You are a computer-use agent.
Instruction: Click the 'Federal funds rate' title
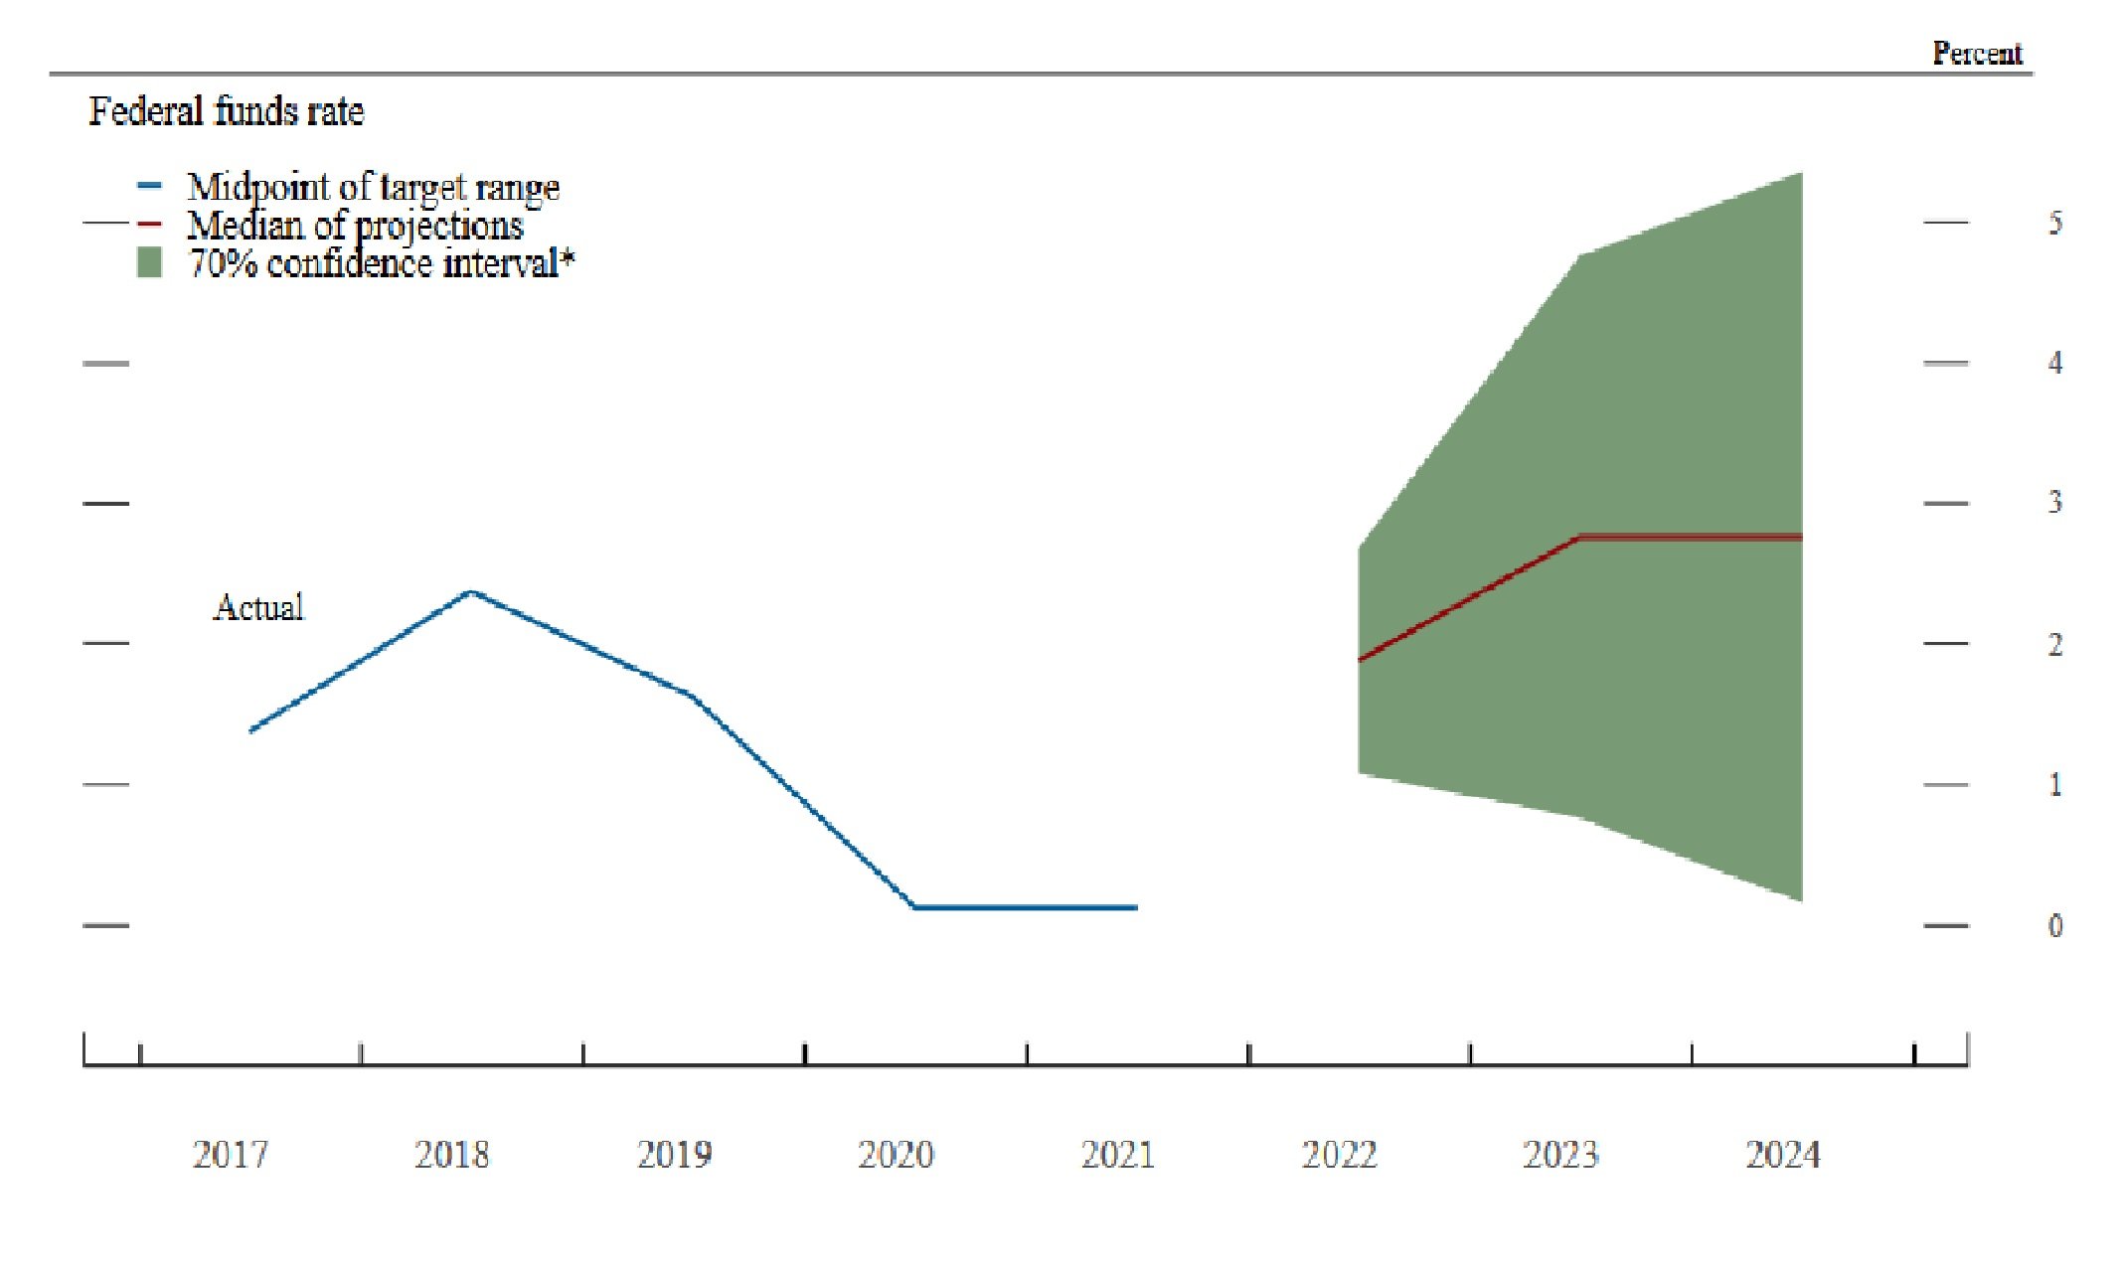pyautogui.click(x=226, y=111)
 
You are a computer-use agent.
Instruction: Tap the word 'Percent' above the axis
pyautogui.click(x=1977, y=54)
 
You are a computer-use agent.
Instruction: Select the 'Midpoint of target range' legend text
pyautogui.click(x=373, y=187)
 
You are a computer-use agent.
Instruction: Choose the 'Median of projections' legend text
pyautogui.click(x=355, y=226)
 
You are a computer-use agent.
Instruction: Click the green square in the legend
pyautogui.click(x=149, y=263)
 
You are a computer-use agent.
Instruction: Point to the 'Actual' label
pyautogui.click(x=258, y=607)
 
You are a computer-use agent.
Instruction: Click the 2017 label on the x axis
pyautogui.click(x=230, y=1155)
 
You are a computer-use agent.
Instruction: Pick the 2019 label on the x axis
pyautogui.click(x=674, y=1155)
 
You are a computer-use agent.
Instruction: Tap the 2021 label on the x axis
pyautogui.click(x=1117, y=1155)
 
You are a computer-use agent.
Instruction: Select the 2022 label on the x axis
pyautogui.click(x=1339, y=1155)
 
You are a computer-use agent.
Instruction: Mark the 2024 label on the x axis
pyautogui.click(x=1782, y=1155)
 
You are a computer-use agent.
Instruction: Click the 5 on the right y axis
pyautogui.click(x=2054, y=223)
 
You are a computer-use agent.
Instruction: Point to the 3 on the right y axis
pyautogui.click(x=2054, y=503)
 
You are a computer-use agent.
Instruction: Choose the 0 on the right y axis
pyautogui.click(x=2054, y=926)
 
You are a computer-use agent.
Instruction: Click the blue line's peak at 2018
pyautogui.click(x=471, y=592)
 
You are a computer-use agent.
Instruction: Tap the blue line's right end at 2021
pyautogui.click(x=1136, y=907)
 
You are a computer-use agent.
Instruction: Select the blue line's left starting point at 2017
pyautogui.click(x=250, y=730)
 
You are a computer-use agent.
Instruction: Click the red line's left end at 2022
pyautogui.click(x=1360, y=660)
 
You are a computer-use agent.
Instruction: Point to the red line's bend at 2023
pyautogui.click(x=1580, y=538)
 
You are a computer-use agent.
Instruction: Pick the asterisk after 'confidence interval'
pyautogui.click(x=568, y=258)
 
